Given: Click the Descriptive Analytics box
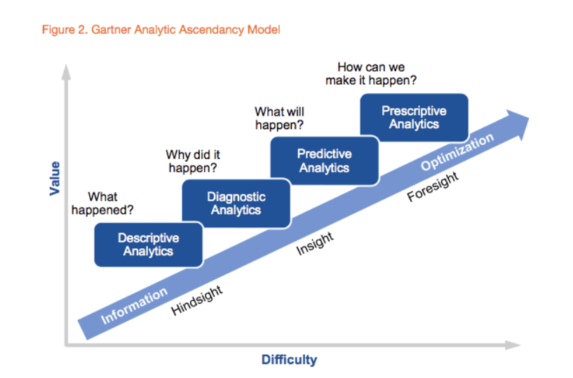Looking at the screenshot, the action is (x=149, y=245).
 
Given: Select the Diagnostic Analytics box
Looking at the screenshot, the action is (x=236, y=203).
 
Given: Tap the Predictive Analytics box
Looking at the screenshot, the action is (x=325, y=161).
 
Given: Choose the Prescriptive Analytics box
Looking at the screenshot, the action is (x=414, y=117).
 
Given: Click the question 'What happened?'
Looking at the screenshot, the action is (x=102, y=203).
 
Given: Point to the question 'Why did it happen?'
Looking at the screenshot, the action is (x=193, y=161).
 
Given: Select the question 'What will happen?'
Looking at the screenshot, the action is (x=279, y=118).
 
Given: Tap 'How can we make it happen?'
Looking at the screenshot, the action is (x=371, y=74).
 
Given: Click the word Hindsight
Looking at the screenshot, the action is (x=196, y=300).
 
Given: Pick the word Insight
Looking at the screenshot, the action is (x=315, y=243).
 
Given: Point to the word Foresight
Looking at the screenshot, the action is (x=433, y=187).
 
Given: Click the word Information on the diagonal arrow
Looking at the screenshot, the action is (x=134, y=306).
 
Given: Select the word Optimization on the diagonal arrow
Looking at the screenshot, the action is (x=457, y=151).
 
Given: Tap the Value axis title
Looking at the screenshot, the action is (x=55, y=178).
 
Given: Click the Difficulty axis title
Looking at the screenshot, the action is (x=289, y=360).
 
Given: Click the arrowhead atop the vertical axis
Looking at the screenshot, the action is (x=66, y=72).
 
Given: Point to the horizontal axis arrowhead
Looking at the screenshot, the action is (x=513, y=345).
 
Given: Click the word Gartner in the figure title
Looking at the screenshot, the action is (x=111, y=29).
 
